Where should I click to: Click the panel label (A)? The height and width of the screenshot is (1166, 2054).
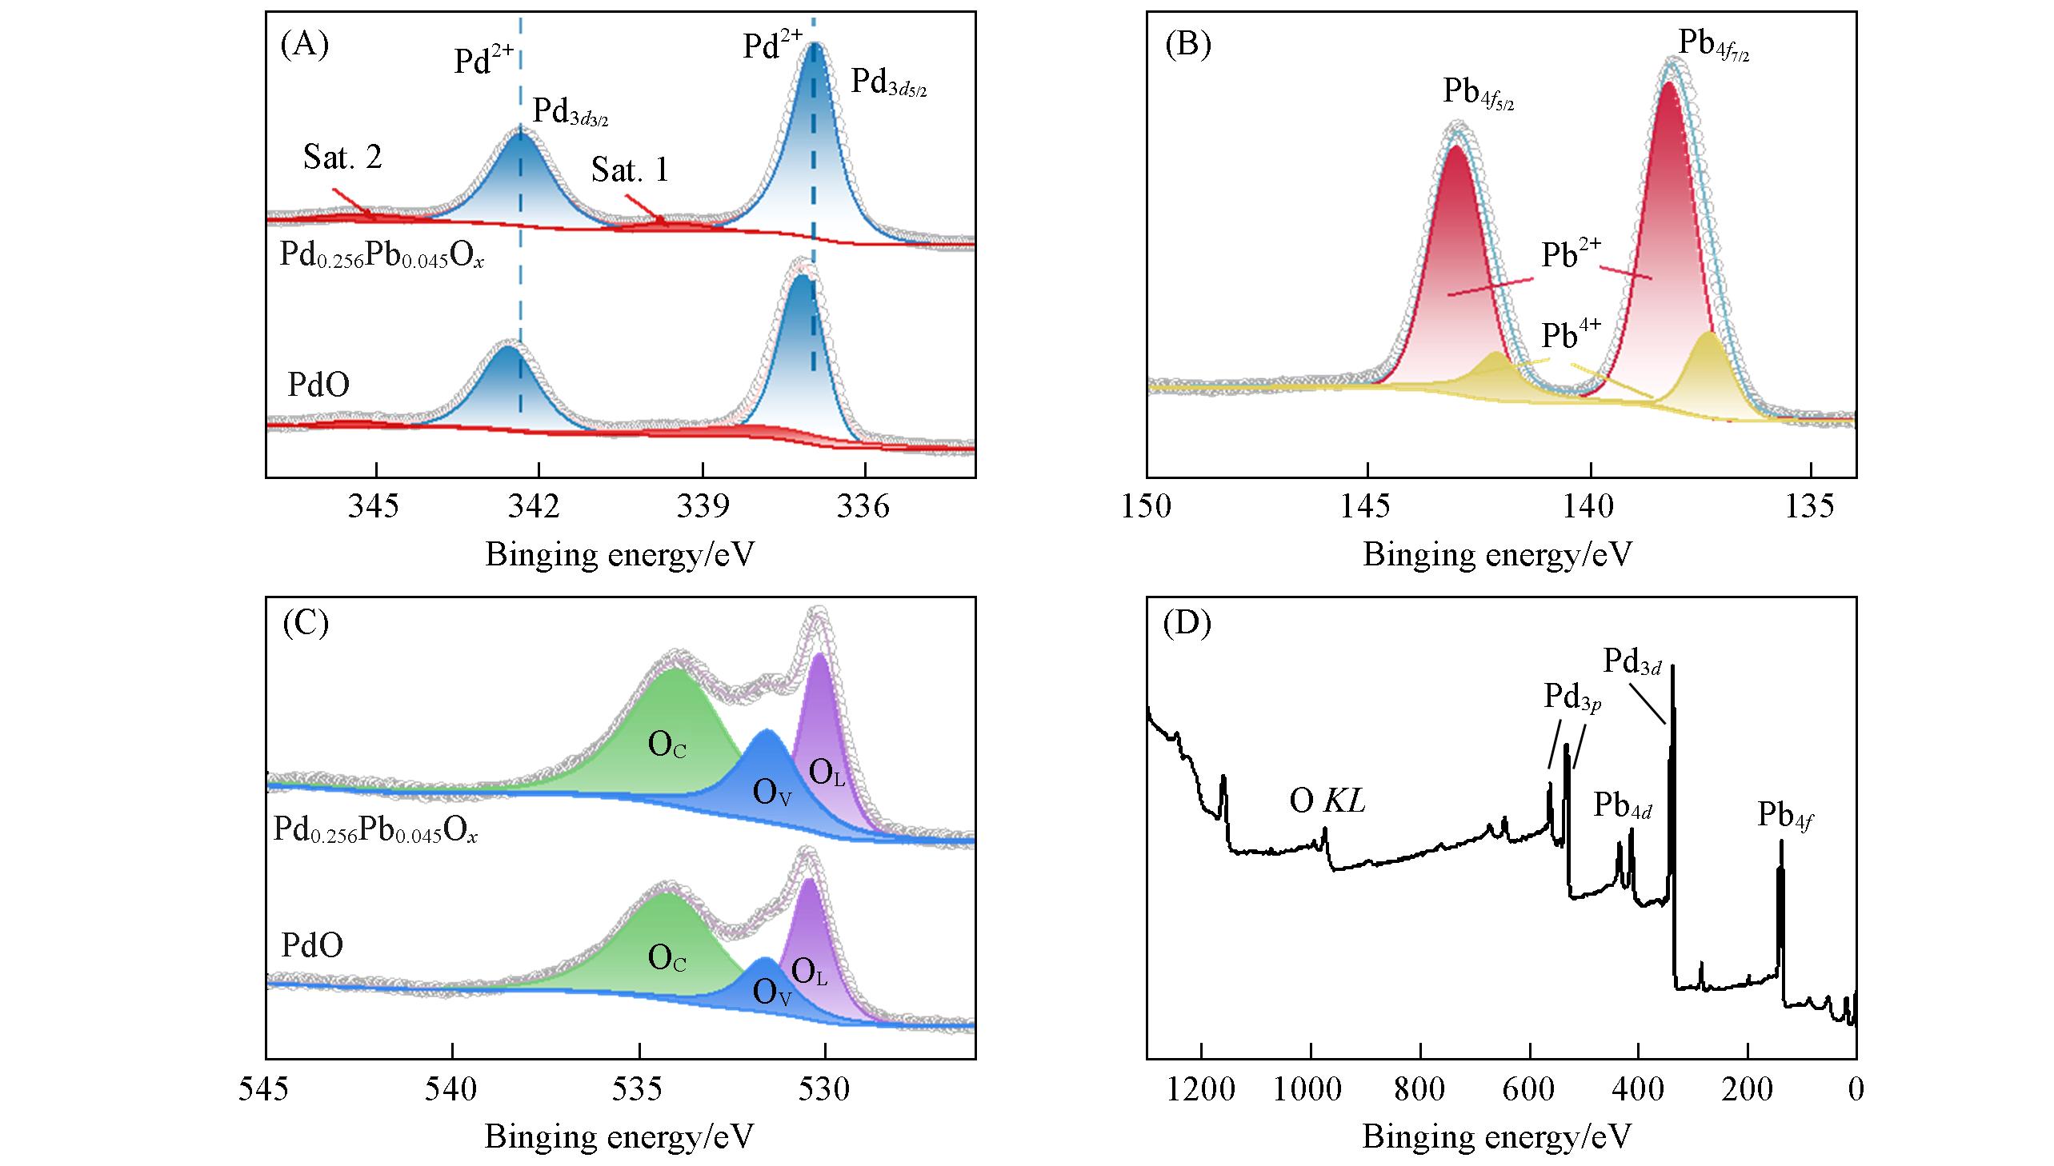coord(304,45)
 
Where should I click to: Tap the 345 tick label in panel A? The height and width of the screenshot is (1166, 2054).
coord(374,506)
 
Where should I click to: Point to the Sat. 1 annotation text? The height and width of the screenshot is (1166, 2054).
coord(630,170)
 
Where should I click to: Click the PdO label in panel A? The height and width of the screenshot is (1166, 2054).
coord(318,385)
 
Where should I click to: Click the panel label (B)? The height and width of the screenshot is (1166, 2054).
coord(1187,45)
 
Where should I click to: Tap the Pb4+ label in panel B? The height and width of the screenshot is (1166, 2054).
coord(1571,335)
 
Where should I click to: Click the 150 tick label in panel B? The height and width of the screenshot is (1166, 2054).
coord(1147,506)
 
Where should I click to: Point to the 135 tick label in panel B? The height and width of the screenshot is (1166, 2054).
coord(1811,506)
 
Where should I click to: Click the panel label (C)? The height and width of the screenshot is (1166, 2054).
coord(306,624)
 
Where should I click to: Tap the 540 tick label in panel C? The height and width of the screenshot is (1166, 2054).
coord(453,1089)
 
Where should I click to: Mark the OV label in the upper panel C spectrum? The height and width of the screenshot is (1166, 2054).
coord(772,793)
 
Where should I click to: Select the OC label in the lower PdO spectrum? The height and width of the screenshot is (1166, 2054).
coord(667,958)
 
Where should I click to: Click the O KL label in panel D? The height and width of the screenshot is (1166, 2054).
coord(1327,801)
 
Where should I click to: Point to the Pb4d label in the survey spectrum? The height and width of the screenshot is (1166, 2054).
coord(1622,805)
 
